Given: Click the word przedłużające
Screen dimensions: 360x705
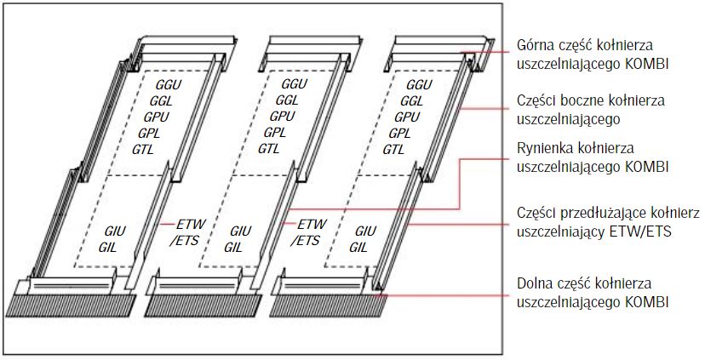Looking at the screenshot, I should pyautogui.click(x=601, y=213).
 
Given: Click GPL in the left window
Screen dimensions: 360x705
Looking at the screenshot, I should pyautogui.click(x=154, y=133).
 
